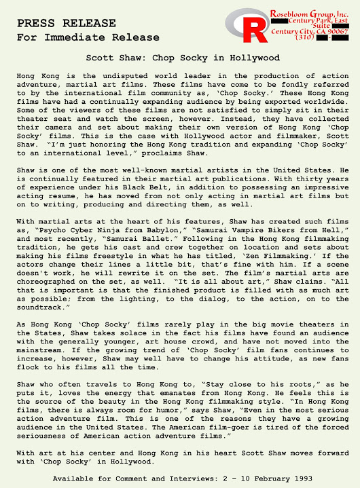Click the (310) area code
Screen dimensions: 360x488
pyautogui.click(x=306, y=38)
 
